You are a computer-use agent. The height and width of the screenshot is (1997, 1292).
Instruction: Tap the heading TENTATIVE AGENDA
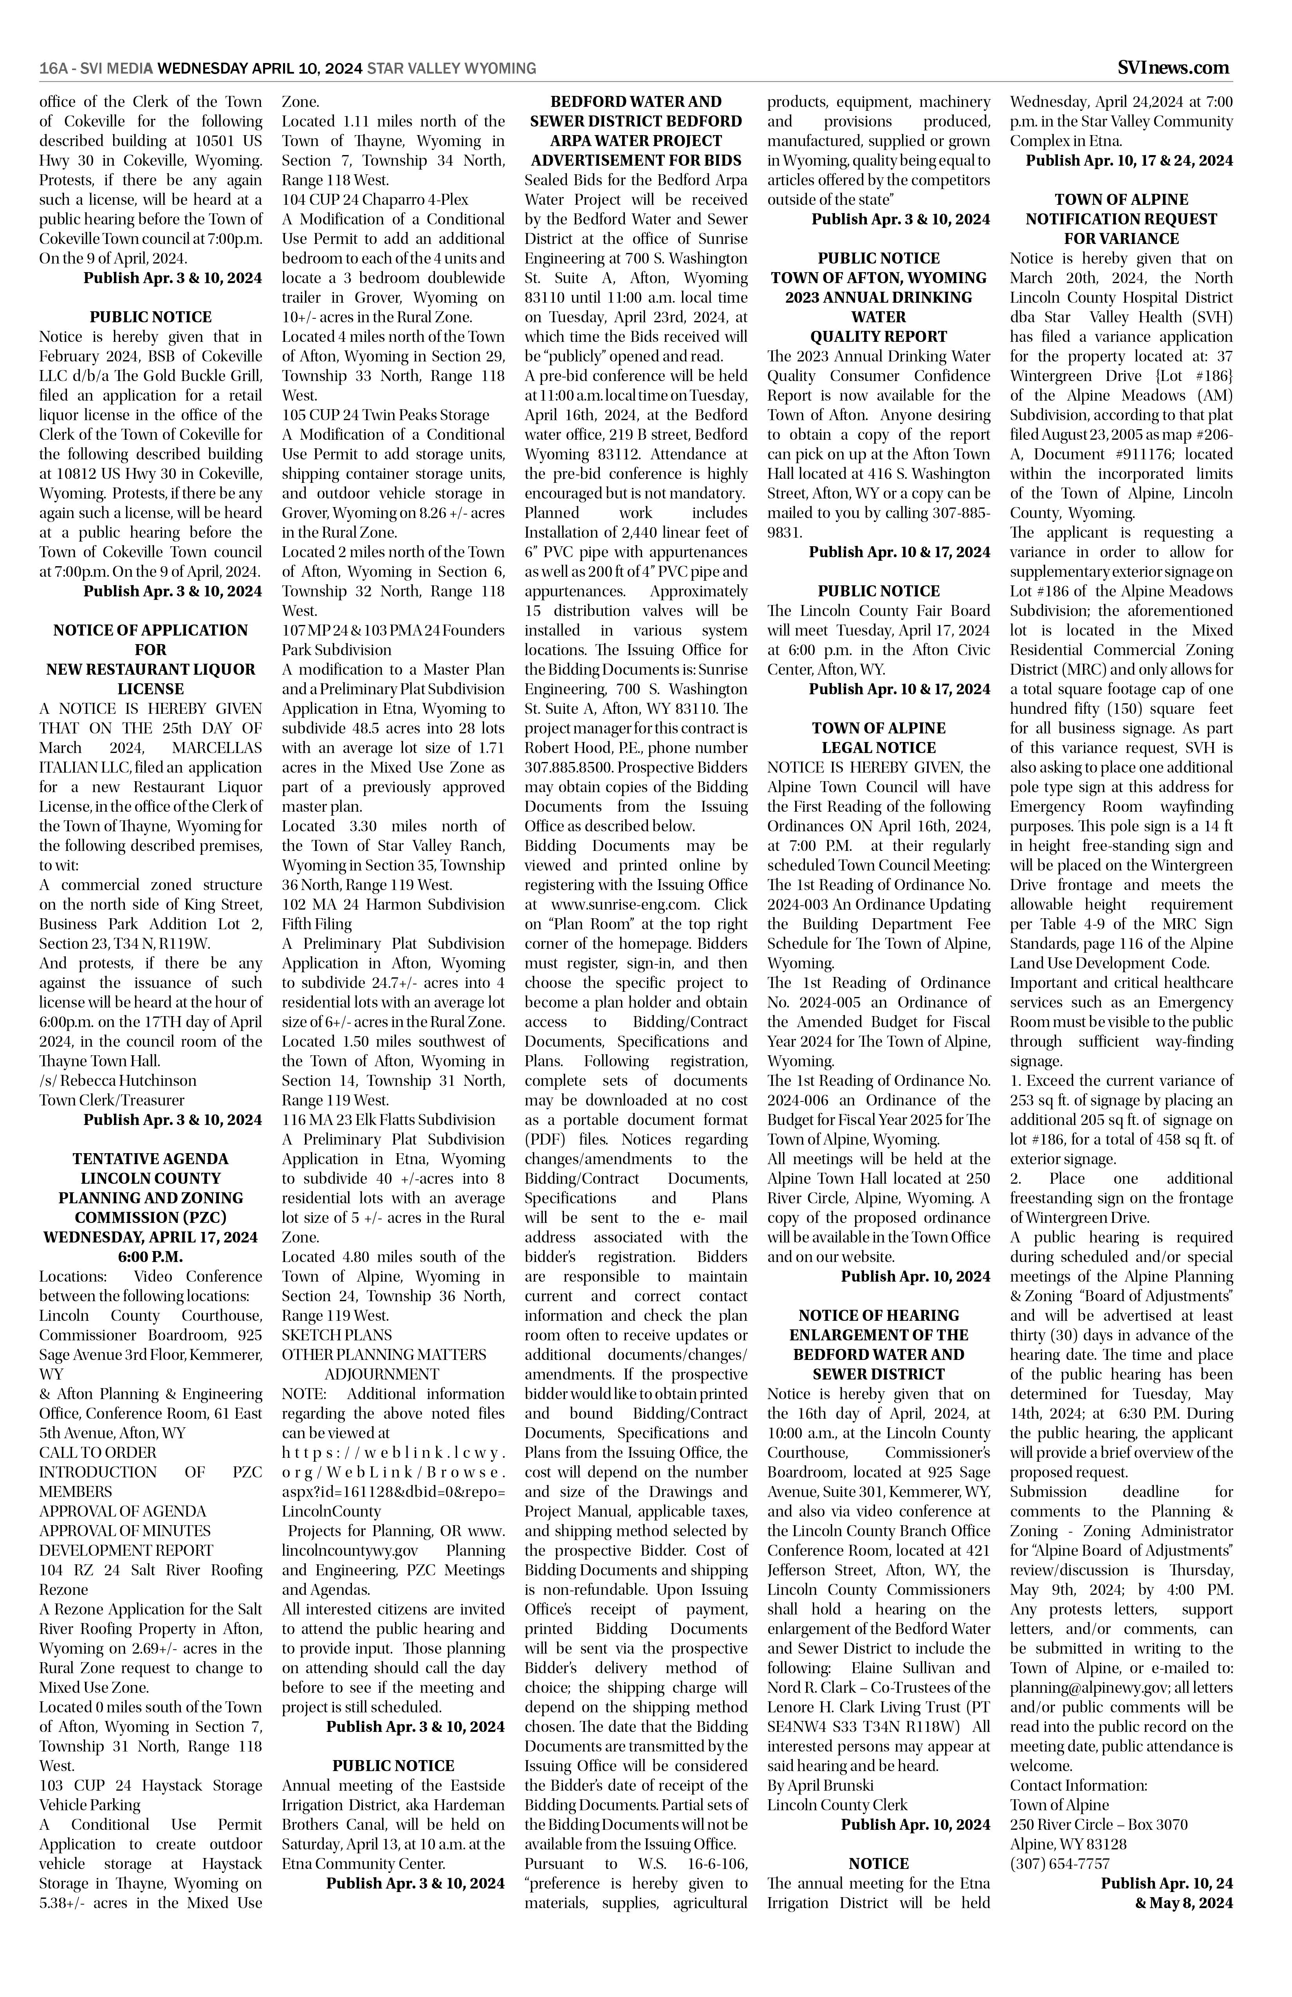[x=150, y=1159]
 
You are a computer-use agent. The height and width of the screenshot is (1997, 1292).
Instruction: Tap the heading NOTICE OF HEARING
[x=879, y=1316]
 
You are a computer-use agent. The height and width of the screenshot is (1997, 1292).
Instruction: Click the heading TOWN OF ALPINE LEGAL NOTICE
[x=879, y=738]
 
